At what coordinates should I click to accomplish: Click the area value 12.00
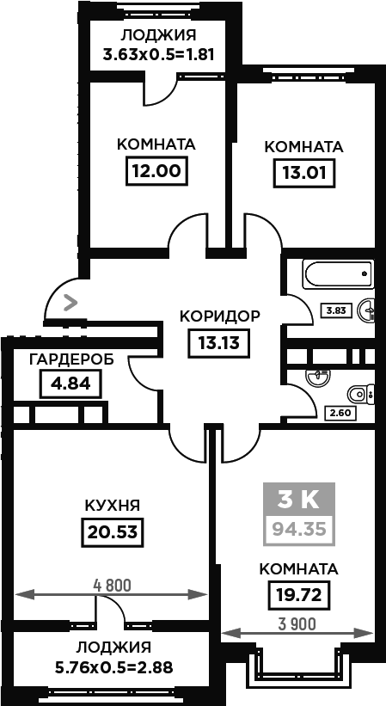coord(156,170)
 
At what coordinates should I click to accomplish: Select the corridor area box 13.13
coord(219,343)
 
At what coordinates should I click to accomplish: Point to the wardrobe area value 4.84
coord(70,384)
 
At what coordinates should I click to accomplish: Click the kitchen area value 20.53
coord(112,531)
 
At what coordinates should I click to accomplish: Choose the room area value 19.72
coord(298,594)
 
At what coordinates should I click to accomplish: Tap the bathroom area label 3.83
coord(335,310)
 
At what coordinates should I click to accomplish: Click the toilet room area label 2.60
coord(340,412)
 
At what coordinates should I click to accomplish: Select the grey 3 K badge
coord(298,500)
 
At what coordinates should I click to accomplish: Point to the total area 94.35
coord(298,529)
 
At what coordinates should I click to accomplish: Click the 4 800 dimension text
coord(112,586)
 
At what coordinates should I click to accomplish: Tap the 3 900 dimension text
coord(297,624)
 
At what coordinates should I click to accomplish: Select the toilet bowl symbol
coord(361,395)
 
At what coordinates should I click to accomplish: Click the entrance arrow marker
coord(70,303)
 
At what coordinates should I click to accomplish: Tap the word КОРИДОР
coord(219,316)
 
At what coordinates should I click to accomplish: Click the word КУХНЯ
coord(113,505)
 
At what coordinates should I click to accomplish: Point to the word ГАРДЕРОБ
coord(71,359)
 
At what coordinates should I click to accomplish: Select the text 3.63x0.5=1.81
coord(157,55)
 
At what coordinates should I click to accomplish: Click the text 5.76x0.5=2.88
coord(113,667)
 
